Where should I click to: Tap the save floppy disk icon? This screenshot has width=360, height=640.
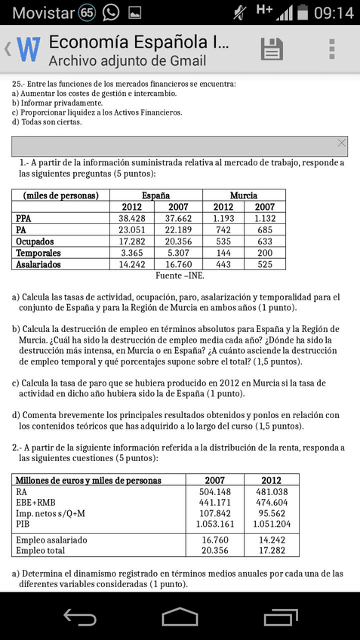pyautogui.click(x=271, y=49)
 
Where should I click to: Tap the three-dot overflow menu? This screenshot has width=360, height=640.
pyautogui.click(x=331, y=49)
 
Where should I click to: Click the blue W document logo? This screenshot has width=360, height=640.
pyautogui.click(x=28, y=50)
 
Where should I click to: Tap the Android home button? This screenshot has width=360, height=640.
pyautogui.click(x=180, y=617)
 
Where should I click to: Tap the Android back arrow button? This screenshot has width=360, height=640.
pyautogui.click(x=79, y=617)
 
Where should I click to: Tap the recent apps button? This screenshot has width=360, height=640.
pyautogui.click(x=280, y=617)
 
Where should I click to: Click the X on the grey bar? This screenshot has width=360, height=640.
pyautogui.click(x=342, y=143)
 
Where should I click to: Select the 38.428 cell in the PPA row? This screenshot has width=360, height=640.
pyautogui.click(x=132, y=219)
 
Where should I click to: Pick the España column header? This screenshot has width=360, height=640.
pyautogui.click(x=155, y=195)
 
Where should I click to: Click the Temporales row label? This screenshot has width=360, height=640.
pyautogui.click(x=38, y=253)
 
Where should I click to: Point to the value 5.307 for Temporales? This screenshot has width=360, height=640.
pyautogui.click(x=179, y=253)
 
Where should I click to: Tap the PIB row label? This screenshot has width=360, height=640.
pyautogui.click(x=25, y=524)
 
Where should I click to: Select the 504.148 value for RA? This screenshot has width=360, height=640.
pyautogui.click(x=214, y=492)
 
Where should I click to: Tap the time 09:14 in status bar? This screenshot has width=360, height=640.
pyautogui.click(x=333, y=13)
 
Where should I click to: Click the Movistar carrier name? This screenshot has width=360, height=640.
pyautogui.click(x=43, y=13)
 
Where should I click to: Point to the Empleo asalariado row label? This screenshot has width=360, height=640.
pyautogui.click(x=51, y=540)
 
